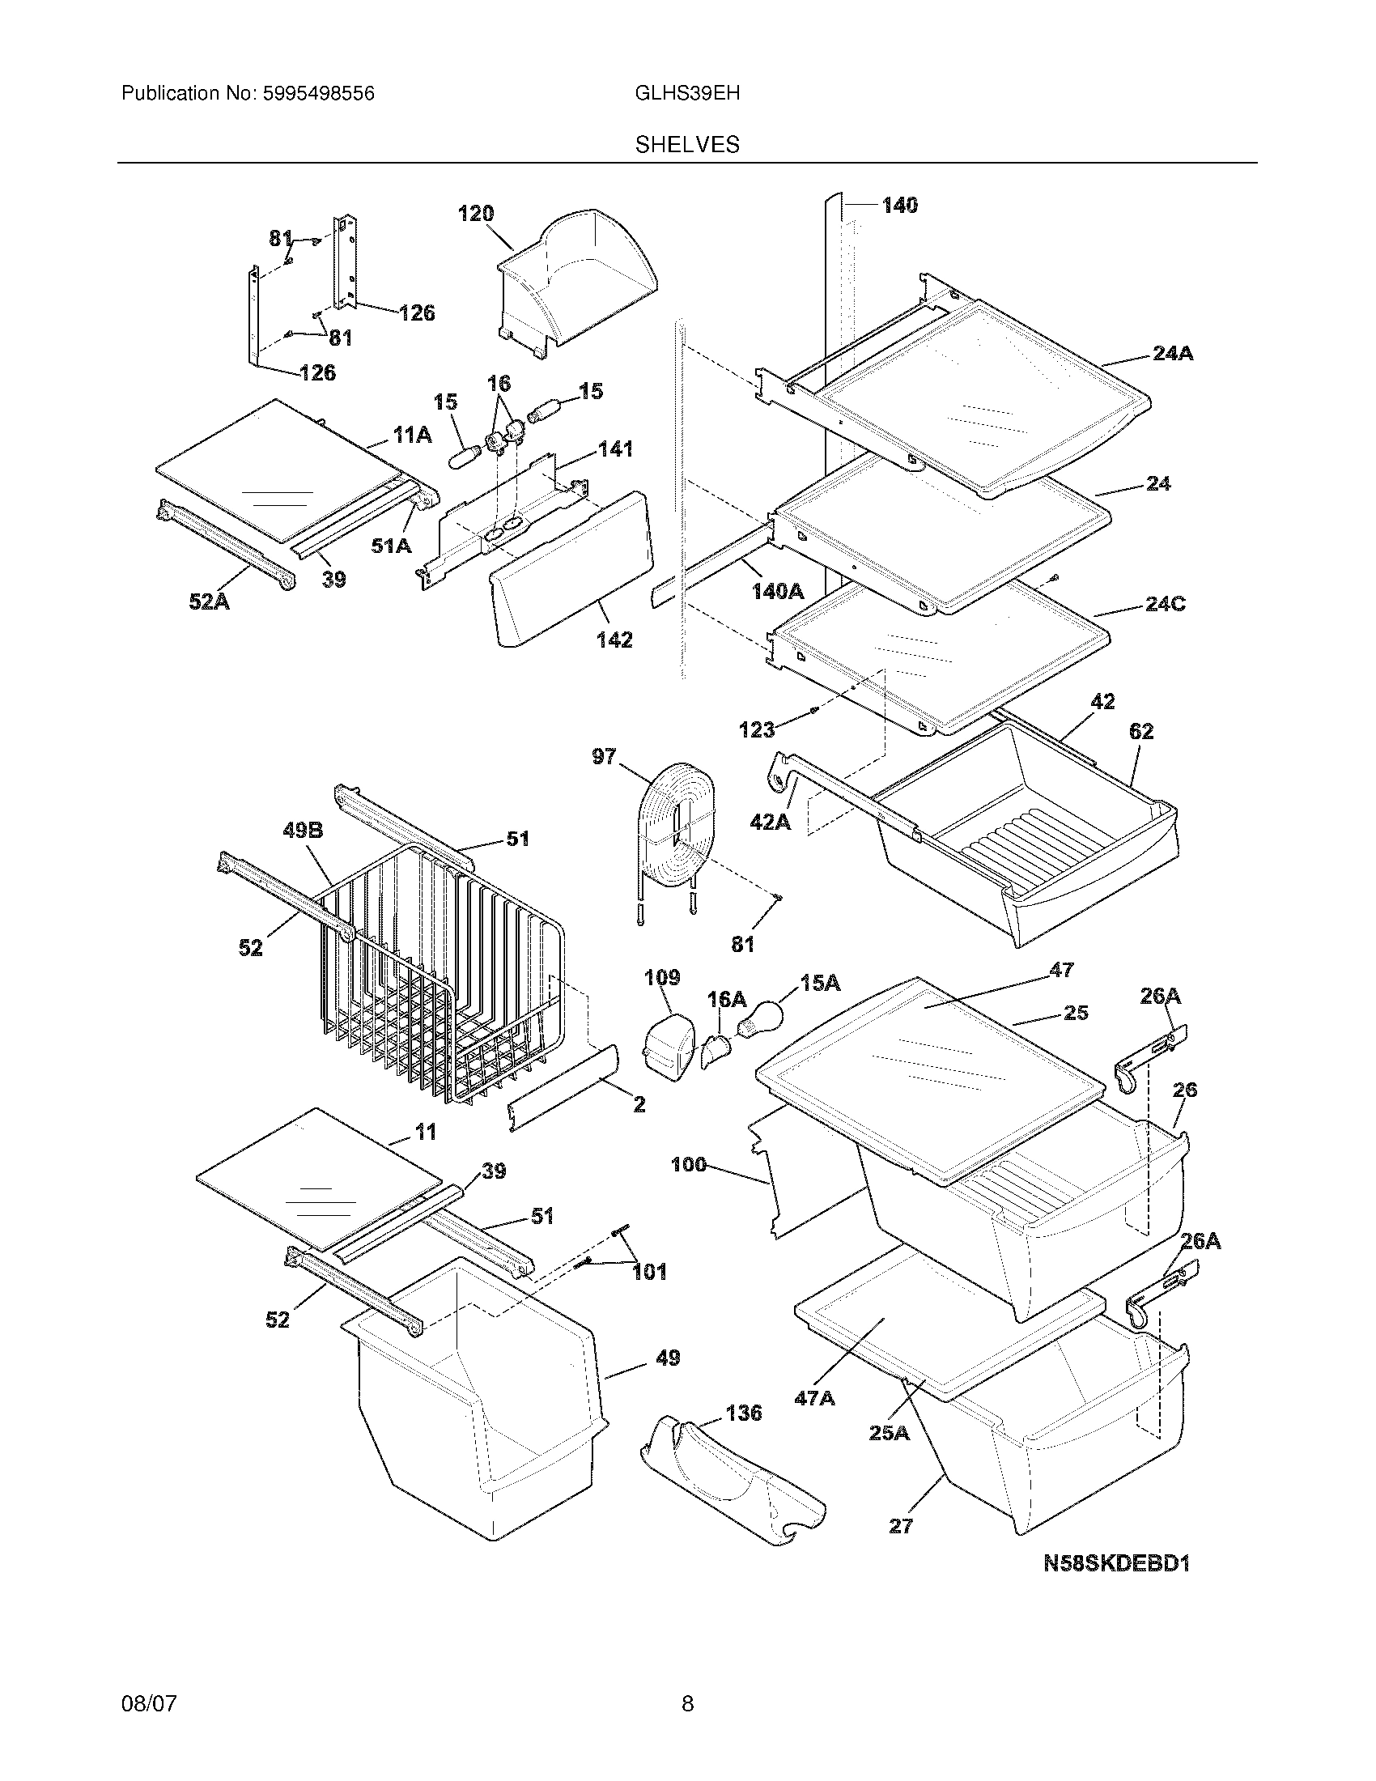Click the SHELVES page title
pyautogui.click(x=687, y=144)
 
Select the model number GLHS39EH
pyautogui.click(x=687, y=94)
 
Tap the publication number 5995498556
pyautogui.click(x=318, y=94)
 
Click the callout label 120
pyautogui.click(x=475, y=214)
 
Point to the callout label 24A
pyautogui.click(x=1173, y=353)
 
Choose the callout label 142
pyautogui.click(x=614, y=640)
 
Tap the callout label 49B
pyautogui.click(x=303, y=830)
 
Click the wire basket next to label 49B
pyautogui.click(x=432, y=979)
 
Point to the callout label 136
pyautogui.click(x=742, y=1413)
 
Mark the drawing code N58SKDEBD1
pyautogui.click(x=1117, y=1563)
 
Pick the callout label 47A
pyautogui.click(x=814, y=1398)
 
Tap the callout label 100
pyautogui.click(x=688, y=1164)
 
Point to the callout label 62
pyautogui.click(x=1140, y=732)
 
